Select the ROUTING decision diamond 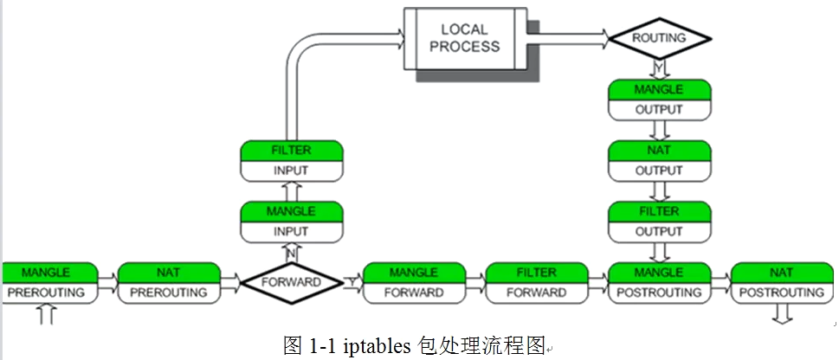(660, 39)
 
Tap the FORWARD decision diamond (291, 282)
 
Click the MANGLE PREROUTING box (49, 283)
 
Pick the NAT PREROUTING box (169, 283)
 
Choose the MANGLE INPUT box (292, 222)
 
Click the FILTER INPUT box (292, 161)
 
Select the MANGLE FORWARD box (414, 283)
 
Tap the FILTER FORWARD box (537, 283)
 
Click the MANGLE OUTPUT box (660, 100)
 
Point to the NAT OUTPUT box (660, 161)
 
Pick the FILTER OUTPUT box (660, 222)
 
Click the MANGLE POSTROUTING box (659, 283)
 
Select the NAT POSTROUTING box (782, 283)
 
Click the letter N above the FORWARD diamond (291, 254)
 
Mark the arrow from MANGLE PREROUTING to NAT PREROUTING (108, 283)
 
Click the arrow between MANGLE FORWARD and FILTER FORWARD (475, 283)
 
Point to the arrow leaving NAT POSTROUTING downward (782, 314)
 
